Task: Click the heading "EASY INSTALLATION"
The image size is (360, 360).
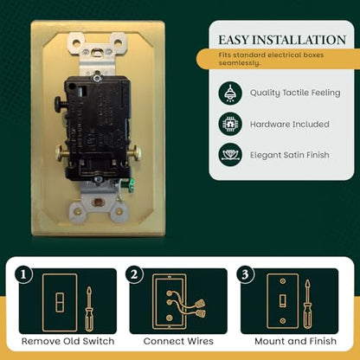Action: (x=282, y=40)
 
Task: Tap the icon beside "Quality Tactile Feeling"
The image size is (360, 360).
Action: (x=230, y=93)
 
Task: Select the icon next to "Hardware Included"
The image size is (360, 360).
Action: (x=230, y=124)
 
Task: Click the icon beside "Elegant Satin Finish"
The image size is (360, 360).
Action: (x=230, y=155)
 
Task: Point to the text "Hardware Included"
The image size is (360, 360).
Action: (x=290, y=125)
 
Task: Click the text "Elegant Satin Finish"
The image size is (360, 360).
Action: (x=290, y=155)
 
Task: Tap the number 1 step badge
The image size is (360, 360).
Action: (x=23, y=274)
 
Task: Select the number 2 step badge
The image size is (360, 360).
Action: (x=134, y=274)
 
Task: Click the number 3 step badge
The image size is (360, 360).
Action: (x=245, y=274)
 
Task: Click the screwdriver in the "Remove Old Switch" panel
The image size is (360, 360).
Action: (x=89, y=309)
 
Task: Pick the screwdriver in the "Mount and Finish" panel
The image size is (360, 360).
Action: (x=308, y=305)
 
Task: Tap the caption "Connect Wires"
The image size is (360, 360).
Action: (x=178, y=341)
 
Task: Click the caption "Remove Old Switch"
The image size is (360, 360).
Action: (x=68, y=341)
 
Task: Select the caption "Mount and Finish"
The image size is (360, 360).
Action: (x=295, y=341)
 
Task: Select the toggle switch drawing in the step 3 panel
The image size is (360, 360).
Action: (x=283, y=301)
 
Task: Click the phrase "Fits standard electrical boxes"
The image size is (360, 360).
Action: (x=271, y=55)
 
